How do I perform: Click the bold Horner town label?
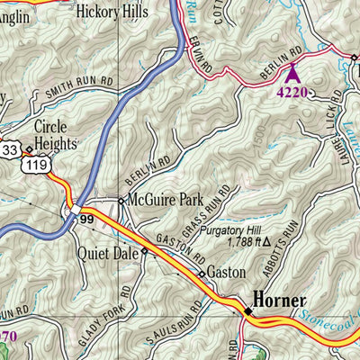click(x=279, y=300)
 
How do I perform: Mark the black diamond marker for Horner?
click(x=247, y=310)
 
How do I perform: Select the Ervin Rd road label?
click(x=201, y=55)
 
